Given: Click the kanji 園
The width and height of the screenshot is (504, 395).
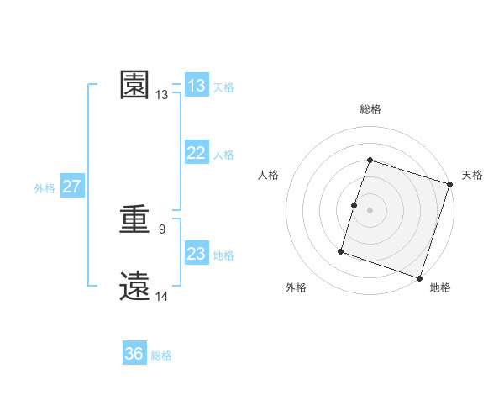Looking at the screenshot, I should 135,85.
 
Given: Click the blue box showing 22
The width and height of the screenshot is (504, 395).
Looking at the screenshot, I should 197,153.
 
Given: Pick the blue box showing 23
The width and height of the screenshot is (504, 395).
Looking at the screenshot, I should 197,254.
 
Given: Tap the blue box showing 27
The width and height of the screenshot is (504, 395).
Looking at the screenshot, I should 71,187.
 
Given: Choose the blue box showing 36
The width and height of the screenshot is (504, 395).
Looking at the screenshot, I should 134,354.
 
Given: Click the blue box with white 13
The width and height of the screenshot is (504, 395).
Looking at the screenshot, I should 197,86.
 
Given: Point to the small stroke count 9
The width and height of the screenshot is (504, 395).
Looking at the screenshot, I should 162,229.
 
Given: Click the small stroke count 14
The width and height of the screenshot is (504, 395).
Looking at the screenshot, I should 162,296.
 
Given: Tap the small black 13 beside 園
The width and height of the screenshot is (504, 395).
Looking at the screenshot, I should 162,95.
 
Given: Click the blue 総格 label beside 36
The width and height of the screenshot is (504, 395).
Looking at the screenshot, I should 161,355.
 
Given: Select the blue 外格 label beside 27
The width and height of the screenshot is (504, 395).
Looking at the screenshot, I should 45,188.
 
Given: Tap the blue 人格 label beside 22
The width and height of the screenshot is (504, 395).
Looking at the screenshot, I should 223,155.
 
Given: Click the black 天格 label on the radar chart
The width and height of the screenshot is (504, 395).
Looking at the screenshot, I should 472,175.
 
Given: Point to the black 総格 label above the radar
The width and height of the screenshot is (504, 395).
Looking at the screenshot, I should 370,109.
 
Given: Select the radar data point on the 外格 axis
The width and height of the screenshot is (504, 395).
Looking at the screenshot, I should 341,250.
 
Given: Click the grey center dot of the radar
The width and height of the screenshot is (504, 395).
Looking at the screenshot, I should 370,210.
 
